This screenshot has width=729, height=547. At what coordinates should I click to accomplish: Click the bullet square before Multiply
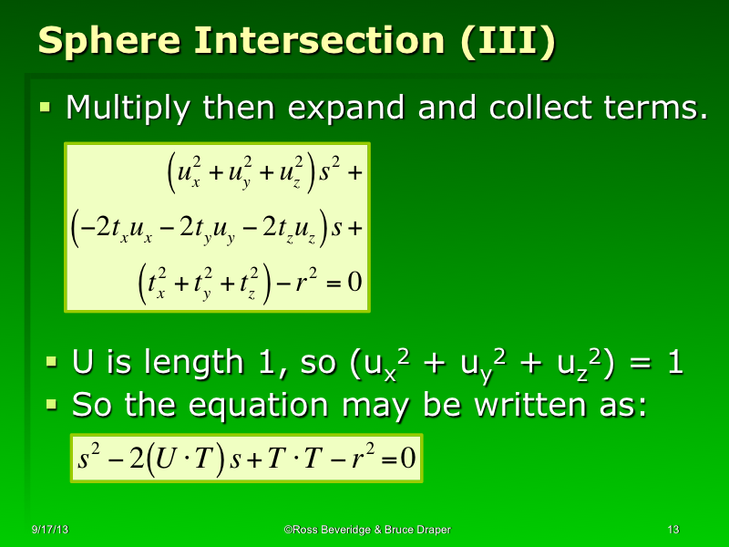coord(45,108)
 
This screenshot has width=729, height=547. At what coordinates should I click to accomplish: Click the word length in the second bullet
coord(203,364)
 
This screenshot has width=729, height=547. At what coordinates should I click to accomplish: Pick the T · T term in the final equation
coord(297,459)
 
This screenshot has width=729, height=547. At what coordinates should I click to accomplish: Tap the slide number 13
coord(674,530)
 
